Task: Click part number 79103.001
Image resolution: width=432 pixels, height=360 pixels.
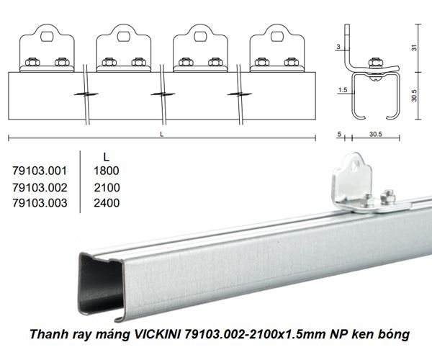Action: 40,171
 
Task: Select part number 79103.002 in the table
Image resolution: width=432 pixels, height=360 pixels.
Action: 40,187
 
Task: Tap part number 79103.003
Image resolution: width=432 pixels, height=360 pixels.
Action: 40,203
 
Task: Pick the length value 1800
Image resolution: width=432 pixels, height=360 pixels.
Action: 106,171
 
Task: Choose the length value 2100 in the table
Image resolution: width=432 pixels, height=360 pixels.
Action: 106,187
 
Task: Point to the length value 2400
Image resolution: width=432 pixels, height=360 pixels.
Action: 106,203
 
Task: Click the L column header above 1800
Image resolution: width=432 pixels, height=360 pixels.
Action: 106,156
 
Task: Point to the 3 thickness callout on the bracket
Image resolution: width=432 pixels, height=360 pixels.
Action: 340,48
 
